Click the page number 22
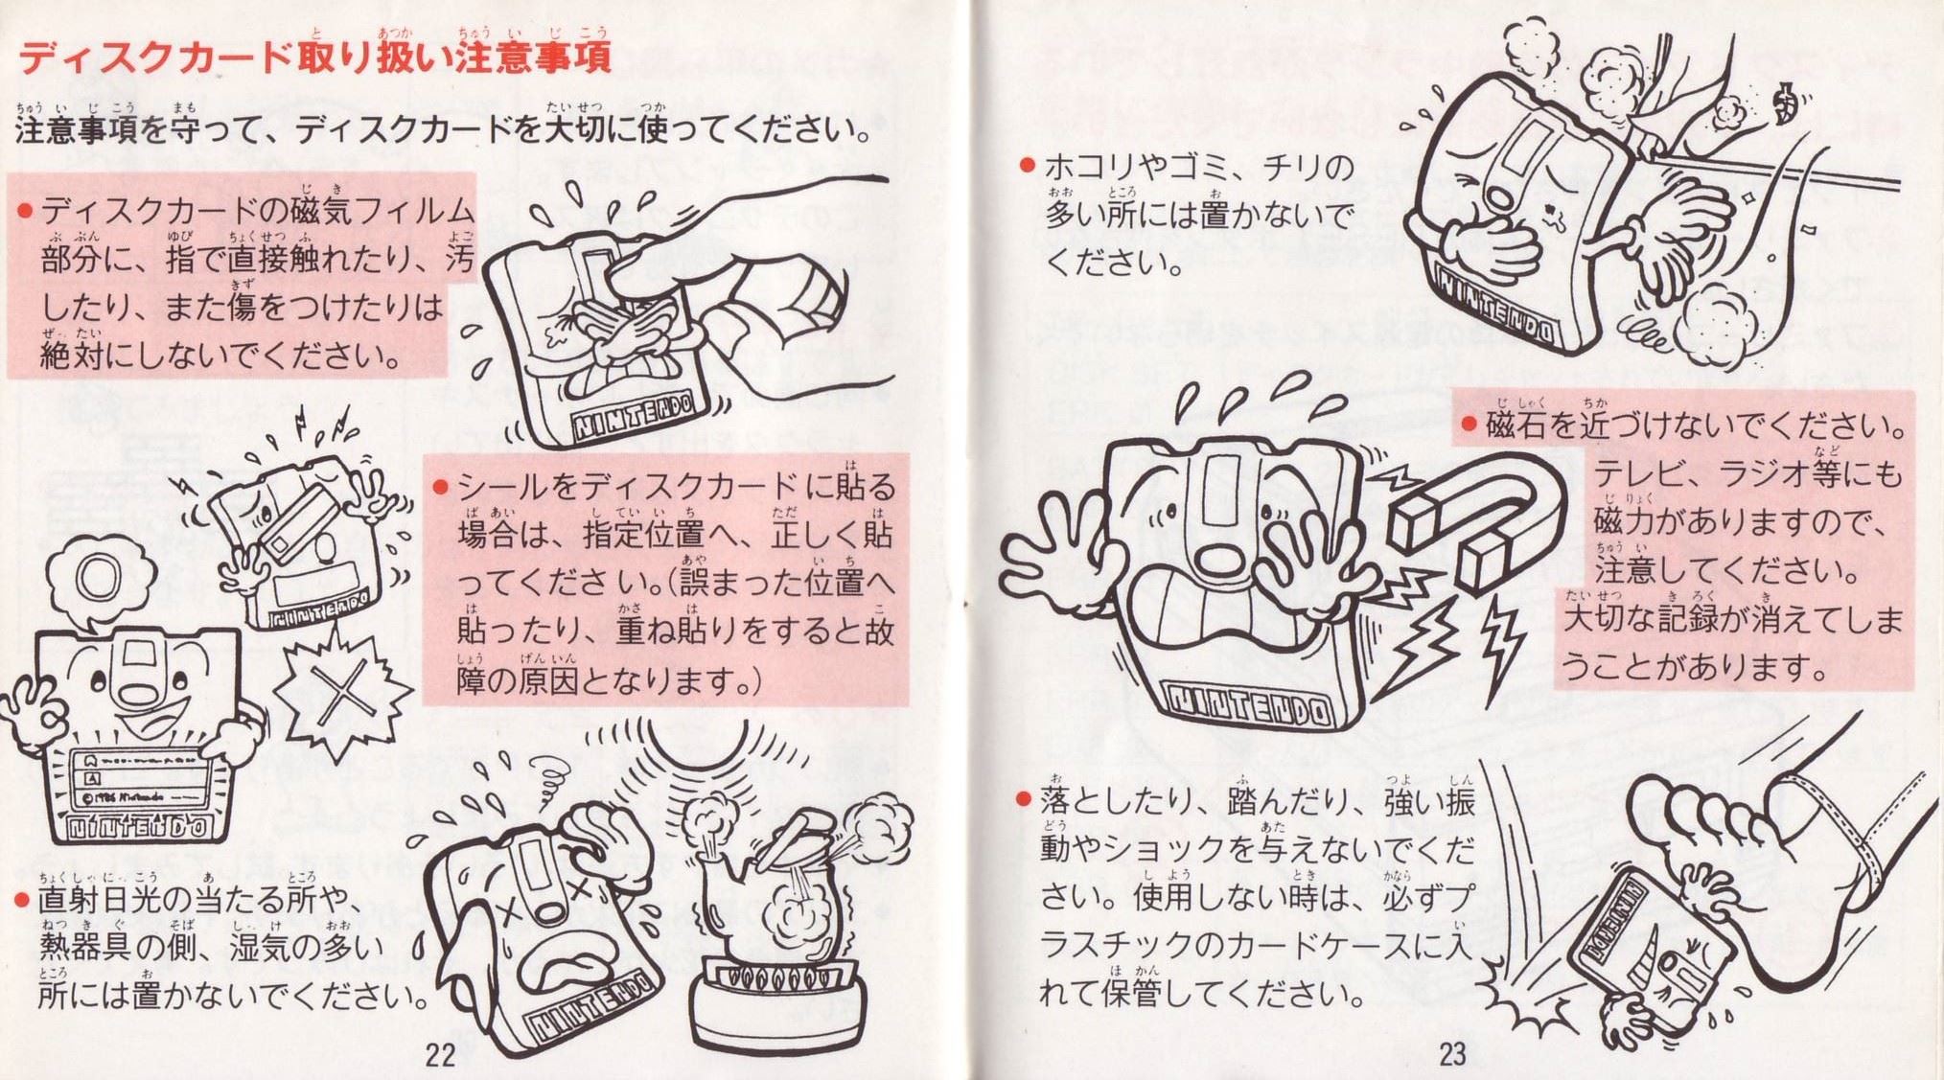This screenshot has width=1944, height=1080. pos(440,1055)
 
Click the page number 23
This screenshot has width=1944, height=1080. pos(1451,1054)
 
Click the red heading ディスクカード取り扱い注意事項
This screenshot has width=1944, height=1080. pos(315,57)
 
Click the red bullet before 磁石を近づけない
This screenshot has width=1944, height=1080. pos(1468,423)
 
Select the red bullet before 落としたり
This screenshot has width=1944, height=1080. pos(1025,798)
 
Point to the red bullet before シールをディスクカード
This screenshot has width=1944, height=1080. pos(441,488)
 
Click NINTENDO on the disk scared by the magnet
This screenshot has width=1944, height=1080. pos(1247,707)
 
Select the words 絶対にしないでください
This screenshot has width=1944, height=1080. pos(220,356)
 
